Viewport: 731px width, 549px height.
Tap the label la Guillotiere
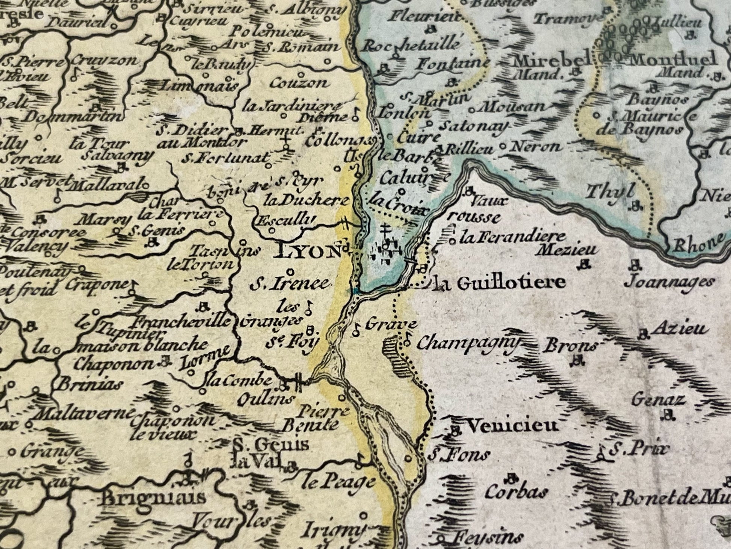(499, 283)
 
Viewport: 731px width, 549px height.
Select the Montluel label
(674, 59)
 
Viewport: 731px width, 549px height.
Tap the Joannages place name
(669, 282)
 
